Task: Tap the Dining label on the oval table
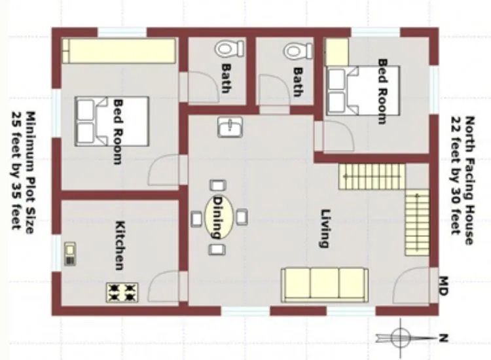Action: click(219, 217)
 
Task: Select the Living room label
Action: click(323, 228)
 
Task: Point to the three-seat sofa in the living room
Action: click(325, 285)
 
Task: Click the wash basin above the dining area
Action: click(230, 127)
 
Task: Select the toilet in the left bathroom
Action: click(228, 48)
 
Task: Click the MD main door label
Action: click(443, 285)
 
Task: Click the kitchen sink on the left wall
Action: click(69, 253)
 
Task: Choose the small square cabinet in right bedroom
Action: click(336, 52)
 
